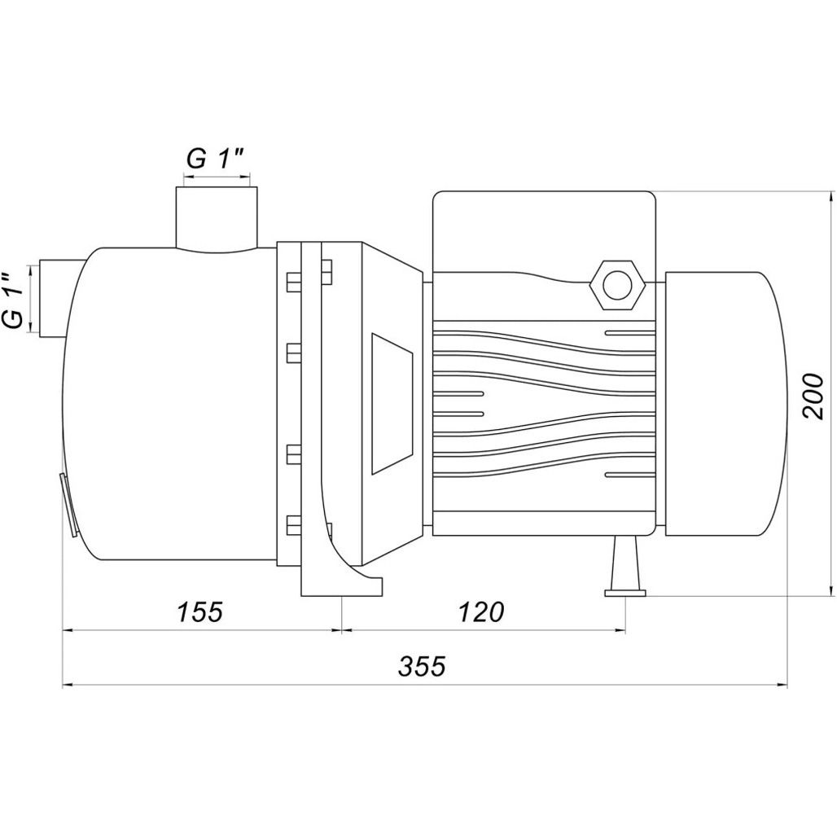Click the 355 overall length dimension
(x=422, y=667)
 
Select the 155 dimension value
(x=199, y=611)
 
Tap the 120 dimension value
(x=480, y=611)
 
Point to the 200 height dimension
(x=813, y=396)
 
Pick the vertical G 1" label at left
(x=13, y=300)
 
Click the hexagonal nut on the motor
(x=617, y=285)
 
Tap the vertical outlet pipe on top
(x=217, y=217)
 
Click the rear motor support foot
(x=625, y=567)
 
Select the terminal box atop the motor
(x=544, y=232)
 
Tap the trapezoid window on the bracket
(x=392, y=404)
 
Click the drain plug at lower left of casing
(x=68, y=506)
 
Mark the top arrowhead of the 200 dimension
(x=830, y=197)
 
